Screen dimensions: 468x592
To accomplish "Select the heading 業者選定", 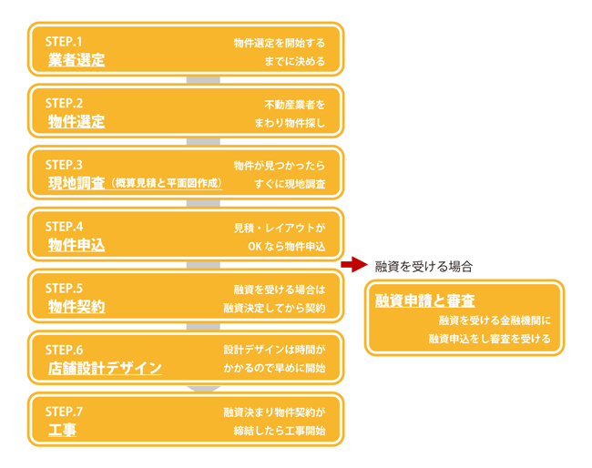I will click(77, 61).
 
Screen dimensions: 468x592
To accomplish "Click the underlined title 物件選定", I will click(77, 122).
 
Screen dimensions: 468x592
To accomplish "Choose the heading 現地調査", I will click(77, 184).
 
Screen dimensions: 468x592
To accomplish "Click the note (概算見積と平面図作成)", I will click(165, 184).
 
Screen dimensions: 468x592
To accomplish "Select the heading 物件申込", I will click(77, 245).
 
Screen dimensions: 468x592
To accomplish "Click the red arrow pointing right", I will click(352, 266).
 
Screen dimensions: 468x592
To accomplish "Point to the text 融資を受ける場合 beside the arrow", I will click(424, 267).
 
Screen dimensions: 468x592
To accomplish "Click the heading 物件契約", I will click(77, 307).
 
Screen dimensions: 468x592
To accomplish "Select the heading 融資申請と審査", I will click(425, 300).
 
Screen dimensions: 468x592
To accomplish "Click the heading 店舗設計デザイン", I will click(105, 369).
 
